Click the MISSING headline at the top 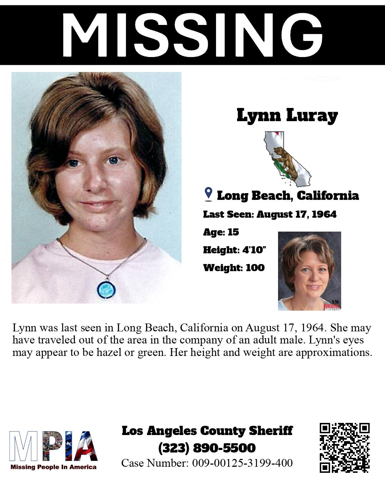coord(192,35)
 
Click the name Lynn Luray coord(287,115)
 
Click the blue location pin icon coord(209,194)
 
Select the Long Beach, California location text coord(288,195)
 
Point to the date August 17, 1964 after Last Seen coord(297,214)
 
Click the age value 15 coord(233,232)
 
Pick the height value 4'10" coord(254,250)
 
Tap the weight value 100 coord(255,268)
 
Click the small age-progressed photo coord(309,271)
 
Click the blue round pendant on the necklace coord(105,288)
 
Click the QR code coord(344,448)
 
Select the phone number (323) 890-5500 coord(207,448)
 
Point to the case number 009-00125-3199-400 coord(242,463)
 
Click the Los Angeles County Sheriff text coord(207,430)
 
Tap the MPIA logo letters coord(53,446)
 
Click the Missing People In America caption coord(53,467)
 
